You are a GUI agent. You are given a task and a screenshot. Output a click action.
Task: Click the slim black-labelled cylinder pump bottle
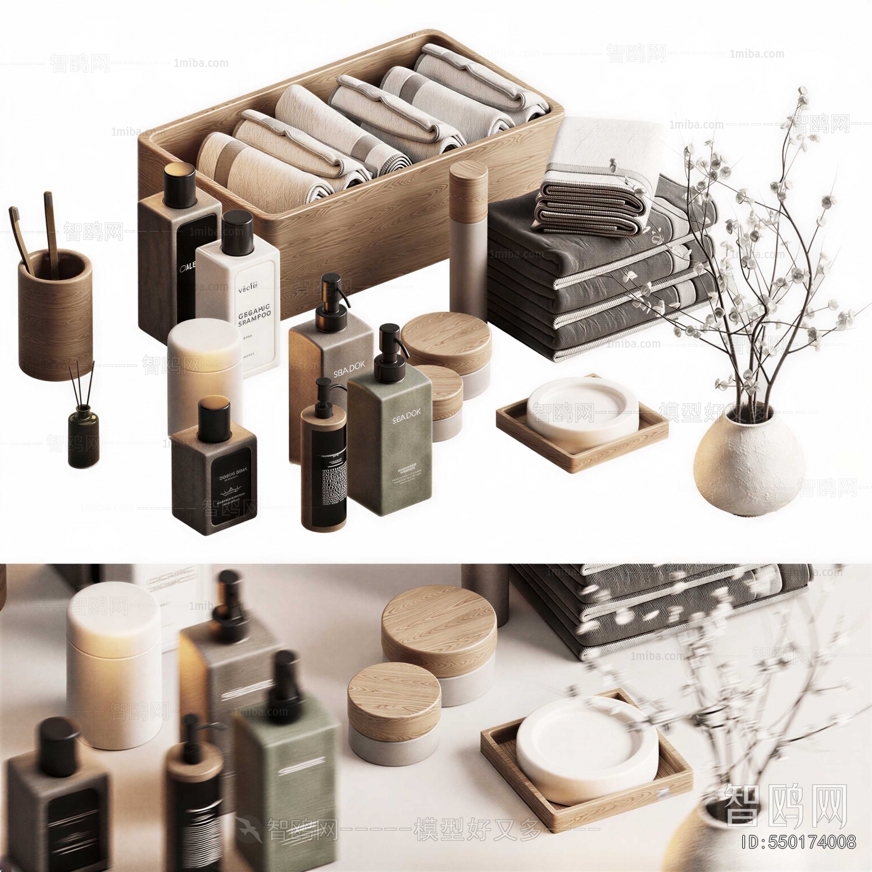tap(324, 469)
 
